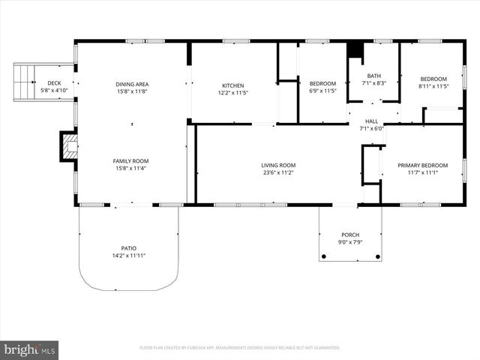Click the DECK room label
[54, 82]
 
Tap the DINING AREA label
[131, 84]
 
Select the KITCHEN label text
[233, 85]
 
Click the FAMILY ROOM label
[131, 160]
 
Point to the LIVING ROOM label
[277, 165]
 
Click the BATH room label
[373, 76]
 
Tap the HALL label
[372, 121]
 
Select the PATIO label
[129, 248]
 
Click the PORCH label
[350, 234]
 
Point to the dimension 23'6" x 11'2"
[277, 172]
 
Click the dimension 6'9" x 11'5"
[322, 91]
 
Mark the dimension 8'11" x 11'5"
[433, 86]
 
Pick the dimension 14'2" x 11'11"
[129, 256]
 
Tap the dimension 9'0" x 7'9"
[350, 241]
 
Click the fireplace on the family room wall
[69, 146]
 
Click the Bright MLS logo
[29, 349]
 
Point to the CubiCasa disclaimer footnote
[240, 348]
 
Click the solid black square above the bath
[355, 49]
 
